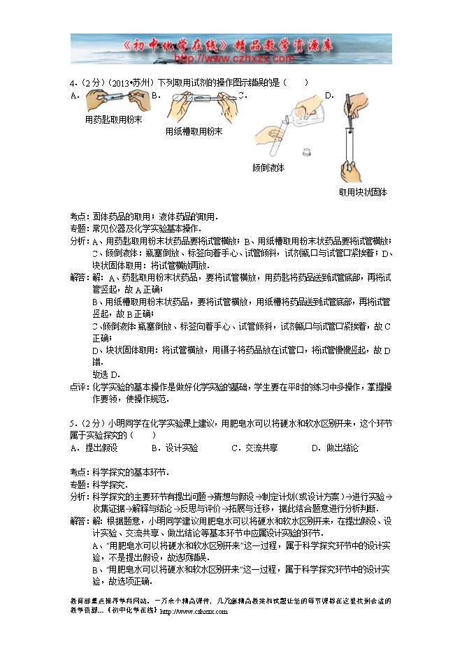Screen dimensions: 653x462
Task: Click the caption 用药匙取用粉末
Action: [113, 119]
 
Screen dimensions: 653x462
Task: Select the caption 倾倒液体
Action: [268, 168]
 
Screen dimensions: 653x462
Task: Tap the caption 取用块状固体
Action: [363, 192]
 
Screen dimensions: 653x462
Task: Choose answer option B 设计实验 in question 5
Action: [175, 448]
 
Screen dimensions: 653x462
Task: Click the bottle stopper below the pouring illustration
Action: [305, 151]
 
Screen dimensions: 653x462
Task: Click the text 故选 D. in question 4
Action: [106, 375]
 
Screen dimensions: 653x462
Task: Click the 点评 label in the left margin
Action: [79, 387]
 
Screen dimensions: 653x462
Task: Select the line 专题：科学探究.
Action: [99, 484]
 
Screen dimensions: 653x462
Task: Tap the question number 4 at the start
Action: [73, 82]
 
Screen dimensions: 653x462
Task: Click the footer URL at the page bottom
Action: [194, 611]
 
